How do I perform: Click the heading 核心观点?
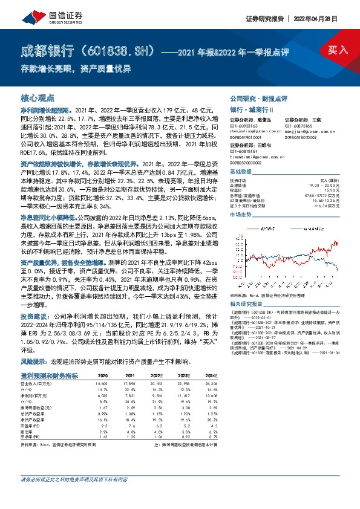click(x=38, y=97)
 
